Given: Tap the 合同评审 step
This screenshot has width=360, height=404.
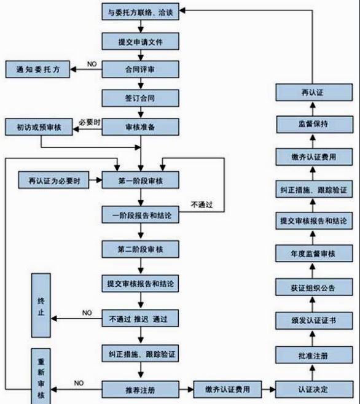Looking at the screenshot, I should [x=141, y=69].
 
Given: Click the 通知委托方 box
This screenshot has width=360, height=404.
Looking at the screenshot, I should [x=38, y=70].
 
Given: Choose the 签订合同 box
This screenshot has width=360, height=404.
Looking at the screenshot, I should [x=141, y=98].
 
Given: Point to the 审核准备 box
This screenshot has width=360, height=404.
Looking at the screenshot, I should [x=141, y=126].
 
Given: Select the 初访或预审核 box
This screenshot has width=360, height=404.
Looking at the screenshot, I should [x=38, y=127].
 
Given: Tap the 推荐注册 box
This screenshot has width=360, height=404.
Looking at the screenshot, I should [x=141, y=388].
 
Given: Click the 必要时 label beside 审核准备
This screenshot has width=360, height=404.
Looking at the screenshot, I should [x=89, y=122].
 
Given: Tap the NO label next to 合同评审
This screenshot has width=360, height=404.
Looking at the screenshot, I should [x=92, y=64].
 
